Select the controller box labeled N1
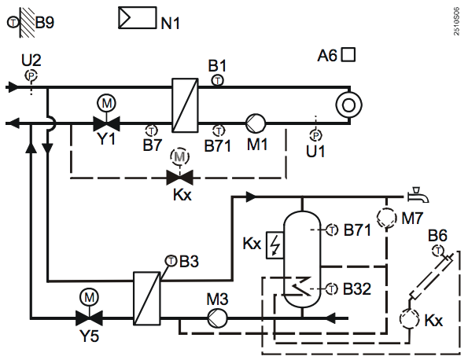(x=138, y=17)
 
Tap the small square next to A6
(x=348, y=55)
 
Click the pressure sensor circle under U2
(x=31, y=75)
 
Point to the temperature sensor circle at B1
(x=218, y=80)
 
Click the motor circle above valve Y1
(x=106, y=103)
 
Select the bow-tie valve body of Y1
(x=106, y=123)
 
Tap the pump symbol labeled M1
(x=256, y=123)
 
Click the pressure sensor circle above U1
(x=315, y=135)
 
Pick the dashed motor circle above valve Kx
(x=179, y=156)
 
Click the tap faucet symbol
(x=418, y=195)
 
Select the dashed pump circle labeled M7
(x=387, y=218)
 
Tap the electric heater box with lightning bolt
(x=275, y=245)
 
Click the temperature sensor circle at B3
(x=171, y=261)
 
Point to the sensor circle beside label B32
(x=332, y=288)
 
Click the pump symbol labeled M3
(x=217, y=318)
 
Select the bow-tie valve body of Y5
(x=89, y=318)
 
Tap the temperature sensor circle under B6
(x=438, y=250)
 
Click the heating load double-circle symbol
(x=348, y=105)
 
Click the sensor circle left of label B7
(x=152, y=130)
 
